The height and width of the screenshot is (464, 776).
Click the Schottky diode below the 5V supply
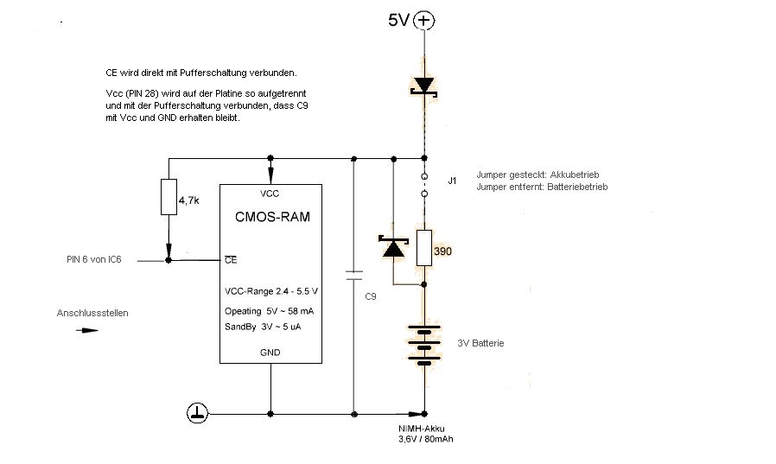(x=423, y=86)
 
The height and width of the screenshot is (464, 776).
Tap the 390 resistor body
(x=423, y=248)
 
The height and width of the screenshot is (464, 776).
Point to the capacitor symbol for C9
(x=353, y=276)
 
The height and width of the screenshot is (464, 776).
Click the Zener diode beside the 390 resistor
(x=393, y=249)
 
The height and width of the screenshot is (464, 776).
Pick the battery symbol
(x=423, y=344)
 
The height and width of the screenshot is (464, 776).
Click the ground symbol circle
(x=198, y=413)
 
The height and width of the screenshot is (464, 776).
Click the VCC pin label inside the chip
(x=270, y=193)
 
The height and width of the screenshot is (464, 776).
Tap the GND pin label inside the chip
(x=270, y=353)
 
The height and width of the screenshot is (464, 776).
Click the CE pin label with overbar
(x=230, y=259)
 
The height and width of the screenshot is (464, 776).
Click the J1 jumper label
(x=452, y=181)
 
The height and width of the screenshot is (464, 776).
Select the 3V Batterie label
(x=480, y=344)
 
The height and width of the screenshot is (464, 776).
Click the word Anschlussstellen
(x=92, y=313)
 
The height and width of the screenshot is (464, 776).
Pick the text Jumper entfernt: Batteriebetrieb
(x=541, y=187)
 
